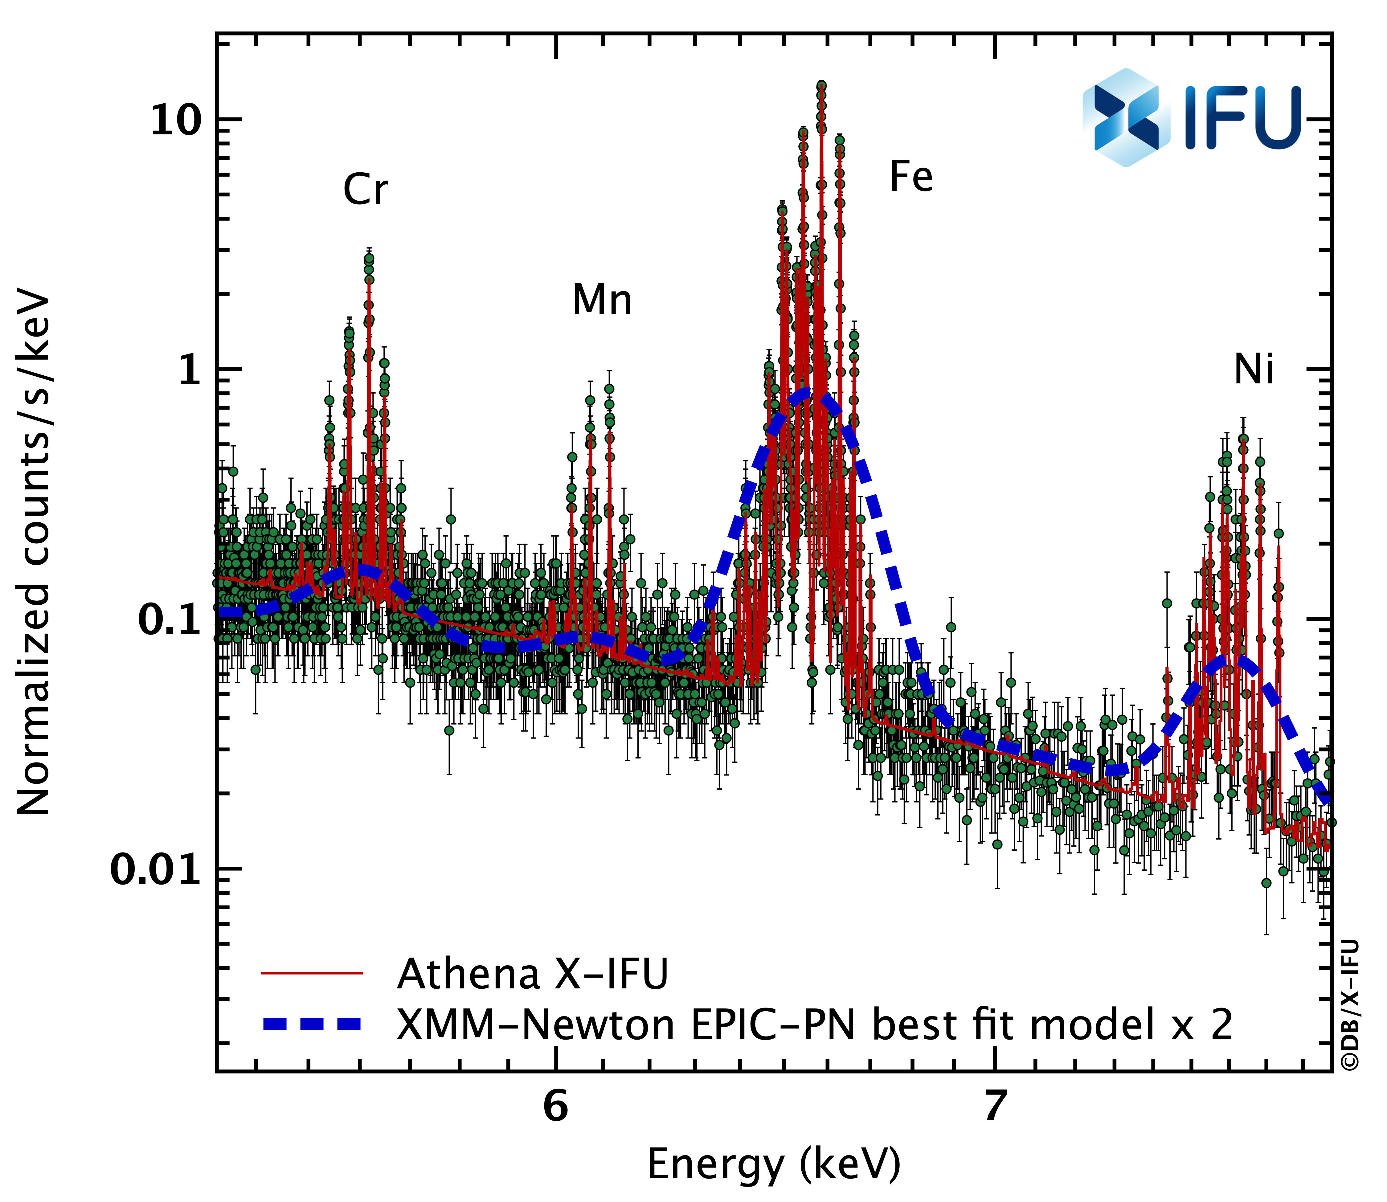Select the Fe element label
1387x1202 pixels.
pos(911,177)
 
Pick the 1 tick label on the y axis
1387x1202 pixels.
pos(190,371)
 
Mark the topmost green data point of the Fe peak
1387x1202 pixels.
pos(821,86)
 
